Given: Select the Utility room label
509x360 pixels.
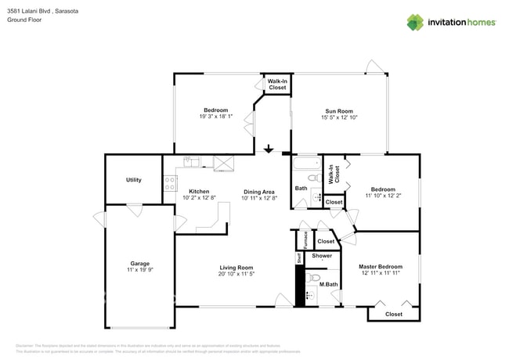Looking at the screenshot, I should pos(134,180).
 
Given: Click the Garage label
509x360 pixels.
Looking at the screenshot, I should pos(140,263).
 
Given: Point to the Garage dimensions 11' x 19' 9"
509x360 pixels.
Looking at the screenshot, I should pos(140,269).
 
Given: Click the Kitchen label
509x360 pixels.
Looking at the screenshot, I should pos(198,192).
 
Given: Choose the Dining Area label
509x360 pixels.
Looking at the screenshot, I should pos(258,192).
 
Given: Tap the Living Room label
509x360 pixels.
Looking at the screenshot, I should pos(236,268).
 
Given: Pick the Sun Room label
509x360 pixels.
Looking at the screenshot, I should pos(339,110).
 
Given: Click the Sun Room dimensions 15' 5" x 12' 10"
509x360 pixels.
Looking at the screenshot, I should pos(339,117).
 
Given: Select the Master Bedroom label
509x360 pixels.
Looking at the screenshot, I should pos(381,266).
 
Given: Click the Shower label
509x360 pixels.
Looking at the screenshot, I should pos(322,256).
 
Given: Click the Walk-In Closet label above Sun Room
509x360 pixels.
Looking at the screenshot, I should pos(277,85).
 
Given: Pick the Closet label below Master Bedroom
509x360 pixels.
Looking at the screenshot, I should pos(394,314).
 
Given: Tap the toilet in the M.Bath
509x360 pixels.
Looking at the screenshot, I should pos(314,278).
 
